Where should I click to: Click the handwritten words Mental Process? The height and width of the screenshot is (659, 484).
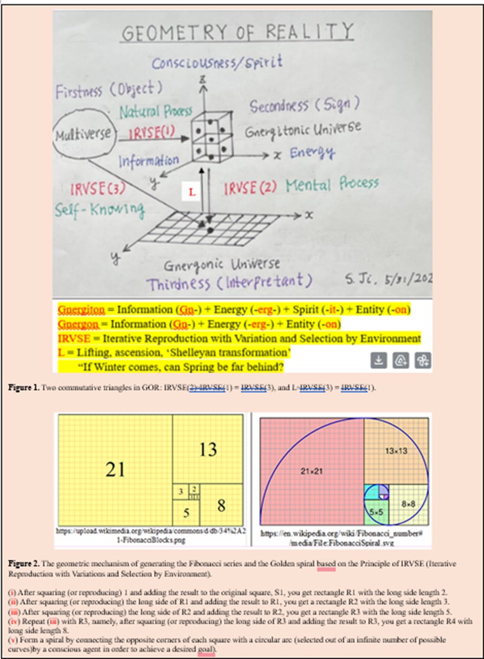pos(332,184)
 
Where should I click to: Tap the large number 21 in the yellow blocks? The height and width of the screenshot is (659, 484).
pos(115,469)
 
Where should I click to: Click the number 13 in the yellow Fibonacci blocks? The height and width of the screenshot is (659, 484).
pos(208,449)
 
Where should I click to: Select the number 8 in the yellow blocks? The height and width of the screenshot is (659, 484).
pos(221,506)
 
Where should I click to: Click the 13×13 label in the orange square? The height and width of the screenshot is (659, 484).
pos(397,451)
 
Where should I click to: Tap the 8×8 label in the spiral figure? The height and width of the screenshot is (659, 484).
pos(408,504)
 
